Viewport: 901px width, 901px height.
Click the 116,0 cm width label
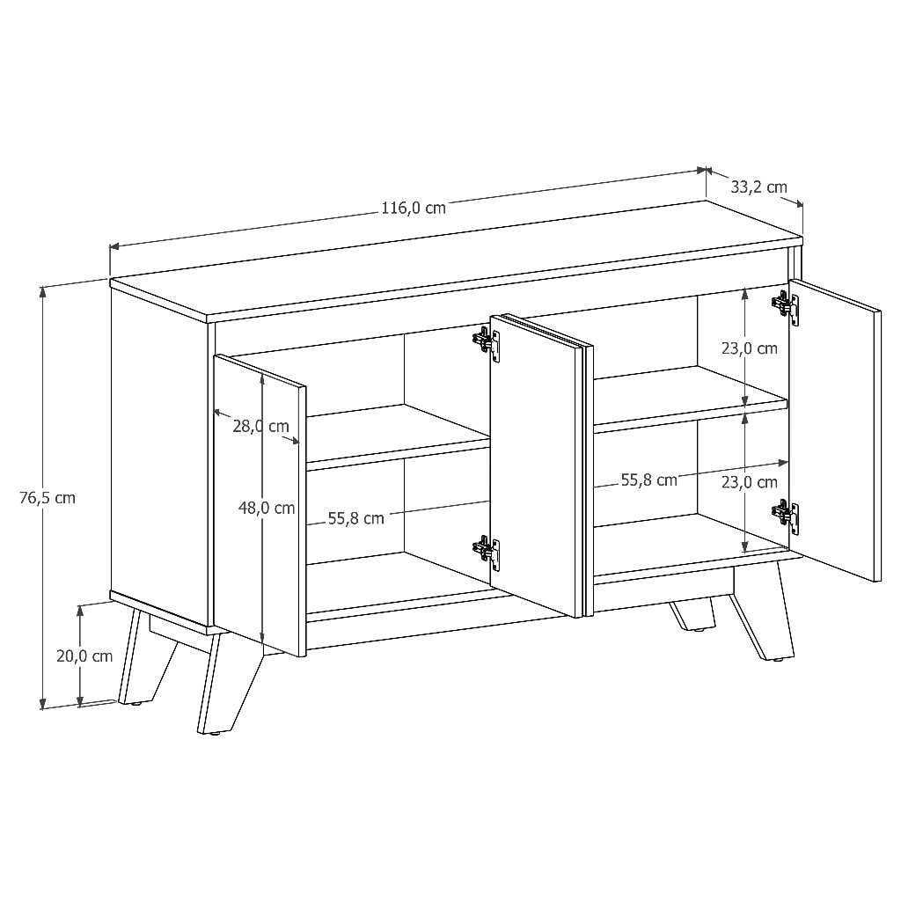coord(414,208)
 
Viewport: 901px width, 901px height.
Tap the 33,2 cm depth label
coord(758,187)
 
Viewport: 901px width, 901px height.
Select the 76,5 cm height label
coord(48,498)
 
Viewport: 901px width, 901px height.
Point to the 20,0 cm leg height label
coord(84,656)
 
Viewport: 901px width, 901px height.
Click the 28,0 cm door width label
coord(260,426)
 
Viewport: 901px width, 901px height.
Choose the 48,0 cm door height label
coord(267,508)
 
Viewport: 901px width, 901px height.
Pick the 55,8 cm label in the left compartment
coord(355,518)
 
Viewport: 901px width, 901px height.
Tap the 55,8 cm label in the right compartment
coord(648,480)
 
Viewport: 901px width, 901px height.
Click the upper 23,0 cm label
coord(750,348)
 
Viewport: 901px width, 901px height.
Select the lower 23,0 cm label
coord(750,482)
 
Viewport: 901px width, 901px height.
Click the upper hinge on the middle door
coord(486,344)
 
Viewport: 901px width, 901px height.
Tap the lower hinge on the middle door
coord(486,553)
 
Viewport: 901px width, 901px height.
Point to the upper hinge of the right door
coord(785,307)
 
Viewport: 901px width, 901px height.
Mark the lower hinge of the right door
coord(785,516)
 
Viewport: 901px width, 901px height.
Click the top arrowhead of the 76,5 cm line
coord(42,292)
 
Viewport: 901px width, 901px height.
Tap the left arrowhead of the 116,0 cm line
coord(114,246)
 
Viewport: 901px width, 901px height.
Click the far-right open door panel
coord(835,430)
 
